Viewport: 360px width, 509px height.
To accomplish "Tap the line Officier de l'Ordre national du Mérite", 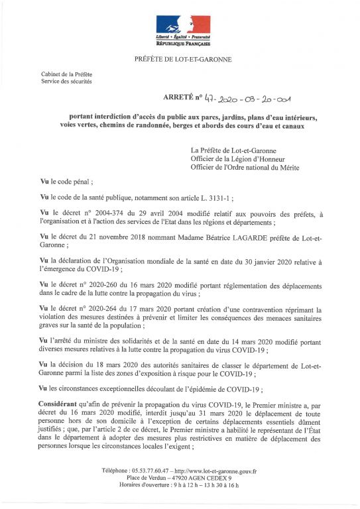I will tap(245, 168).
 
